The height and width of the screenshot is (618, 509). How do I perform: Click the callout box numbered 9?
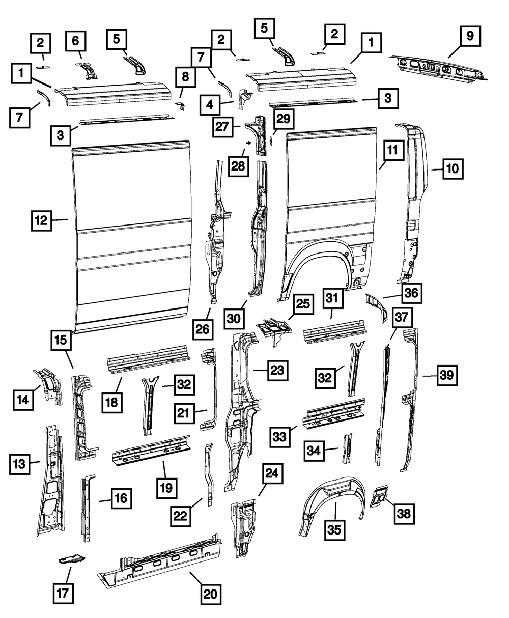(x=469, y=36)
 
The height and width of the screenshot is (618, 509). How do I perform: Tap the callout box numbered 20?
(x=210, y=594)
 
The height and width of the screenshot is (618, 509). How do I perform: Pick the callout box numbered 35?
(x=334, y=529)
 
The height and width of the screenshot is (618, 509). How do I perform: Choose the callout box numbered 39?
(x=446, y=376)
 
